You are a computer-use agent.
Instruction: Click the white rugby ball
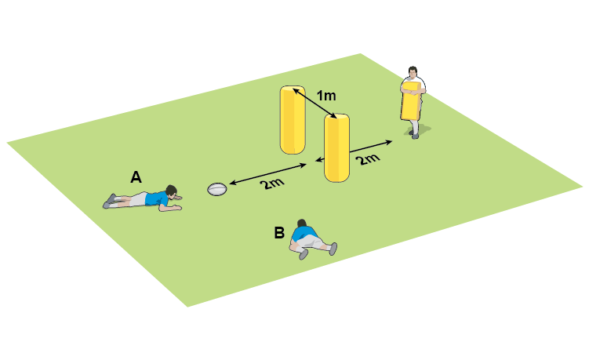pyautogui.click(x=217, y=189)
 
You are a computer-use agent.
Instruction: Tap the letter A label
pyautogui.click(x=136, y=176)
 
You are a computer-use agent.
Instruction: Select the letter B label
pyautogui.click(x=279, y=233)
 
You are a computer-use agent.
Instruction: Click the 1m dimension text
pyautogui.click(x=326, y=96)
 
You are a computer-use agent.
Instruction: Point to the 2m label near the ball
pyautogui.click(x=271, y=183)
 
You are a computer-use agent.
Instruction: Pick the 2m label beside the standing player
pyautogui.click(x=368, y=159)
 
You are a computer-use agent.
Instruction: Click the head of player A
pyautogui.click(x=173, y=191)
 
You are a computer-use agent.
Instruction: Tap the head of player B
pyautogui.click(x=302, y=224)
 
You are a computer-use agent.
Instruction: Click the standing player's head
pyautogui.click(x=413, y=71)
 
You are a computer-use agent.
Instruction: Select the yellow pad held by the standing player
pyautogui.click(x=410, y=101)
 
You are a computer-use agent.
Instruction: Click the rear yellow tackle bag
pyautogui.click(x=293, y=120)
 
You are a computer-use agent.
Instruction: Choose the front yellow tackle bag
pyautogui.click(x=337, y=148)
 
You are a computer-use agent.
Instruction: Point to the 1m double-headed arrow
pyautogui.click(x=314, y=103)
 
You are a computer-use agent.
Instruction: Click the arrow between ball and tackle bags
pyautogui.click(x=267, y=173)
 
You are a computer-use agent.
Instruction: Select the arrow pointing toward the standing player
pyautogui.click(x=354, y=151)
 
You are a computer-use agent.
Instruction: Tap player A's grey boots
pyautogui.click(x=109, y=201)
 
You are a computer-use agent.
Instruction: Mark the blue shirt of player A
pyautogui.click(x=156, y=198)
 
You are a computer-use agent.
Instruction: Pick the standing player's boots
pyautogui.click(x=414, y=133)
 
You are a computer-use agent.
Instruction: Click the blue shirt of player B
pyautogui.click(x=304, y=234)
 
